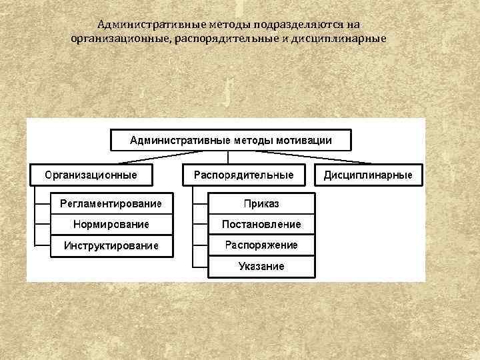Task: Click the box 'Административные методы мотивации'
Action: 230,140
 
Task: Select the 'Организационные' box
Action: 91,175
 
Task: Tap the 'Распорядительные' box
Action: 243,175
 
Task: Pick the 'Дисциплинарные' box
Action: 368,175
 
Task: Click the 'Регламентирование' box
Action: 111,203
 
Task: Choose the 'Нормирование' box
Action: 111,224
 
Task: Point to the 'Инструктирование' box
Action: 111,246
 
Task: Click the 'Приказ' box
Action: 261,203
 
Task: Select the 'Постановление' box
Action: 261,224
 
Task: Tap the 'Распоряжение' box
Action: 261,245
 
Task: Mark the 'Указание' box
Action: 261,267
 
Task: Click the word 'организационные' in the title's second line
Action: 121,38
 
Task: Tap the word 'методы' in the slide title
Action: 223,25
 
